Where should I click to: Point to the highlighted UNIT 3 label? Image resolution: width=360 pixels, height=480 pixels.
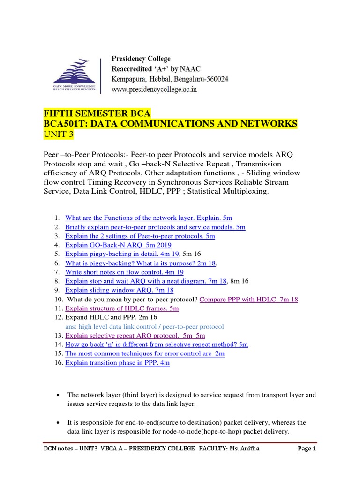click(58, 135)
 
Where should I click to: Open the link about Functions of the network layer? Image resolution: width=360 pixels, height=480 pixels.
click(149, 218)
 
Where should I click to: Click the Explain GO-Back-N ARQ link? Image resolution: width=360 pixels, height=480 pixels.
click(118, 245)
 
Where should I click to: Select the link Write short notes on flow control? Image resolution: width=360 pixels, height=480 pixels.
click(124, 272)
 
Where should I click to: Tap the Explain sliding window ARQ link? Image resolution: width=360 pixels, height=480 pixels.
click(120, 290)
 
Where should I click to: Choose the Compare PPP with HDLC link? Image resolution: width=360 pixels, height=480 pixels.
click(248, 299)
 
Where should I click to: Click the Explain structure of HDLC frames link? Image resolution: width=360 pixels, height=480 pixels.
click(122, 308)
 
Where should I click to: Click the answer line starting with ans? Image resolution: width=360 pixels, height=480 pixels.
click(144, 326)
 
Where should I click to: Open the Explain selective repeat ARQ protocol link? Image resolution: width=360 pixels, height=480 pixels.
click(135, 336)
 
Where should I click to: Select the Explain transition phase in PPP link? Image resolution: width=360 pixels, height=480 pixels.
click(117, 363)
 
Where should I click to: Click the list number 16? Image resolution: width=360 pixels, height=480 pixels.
click(58, 363)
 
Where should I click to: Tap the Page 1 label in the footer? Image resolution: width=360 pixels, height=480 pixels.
click(307, 449)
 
